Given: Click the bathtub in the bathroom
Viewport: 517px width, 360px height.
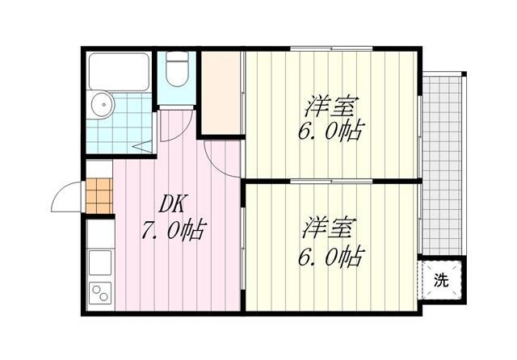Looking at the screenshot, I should coord(120,72).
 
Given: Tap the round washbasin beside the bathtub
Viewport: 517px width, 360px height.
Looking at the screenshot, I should coord(101,104).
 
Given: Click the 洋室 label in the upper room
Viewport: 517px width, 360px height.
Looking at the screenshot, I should coord(331,106).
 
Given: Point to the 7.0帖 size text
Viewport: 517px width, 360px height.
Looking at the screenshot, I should coord(171,232).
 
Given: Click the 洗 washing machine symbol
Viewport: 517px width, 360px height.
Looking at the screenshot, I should coord(441,281).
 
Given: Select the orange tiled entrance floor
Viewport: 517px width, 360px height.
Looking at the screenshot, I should coord(99,195).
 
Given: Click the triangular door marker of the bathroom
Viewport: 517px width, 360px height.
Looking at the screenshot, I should coord(143,146).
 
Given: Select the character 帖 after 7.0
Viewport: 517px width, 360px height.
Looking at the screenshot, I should coord(191,232).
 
